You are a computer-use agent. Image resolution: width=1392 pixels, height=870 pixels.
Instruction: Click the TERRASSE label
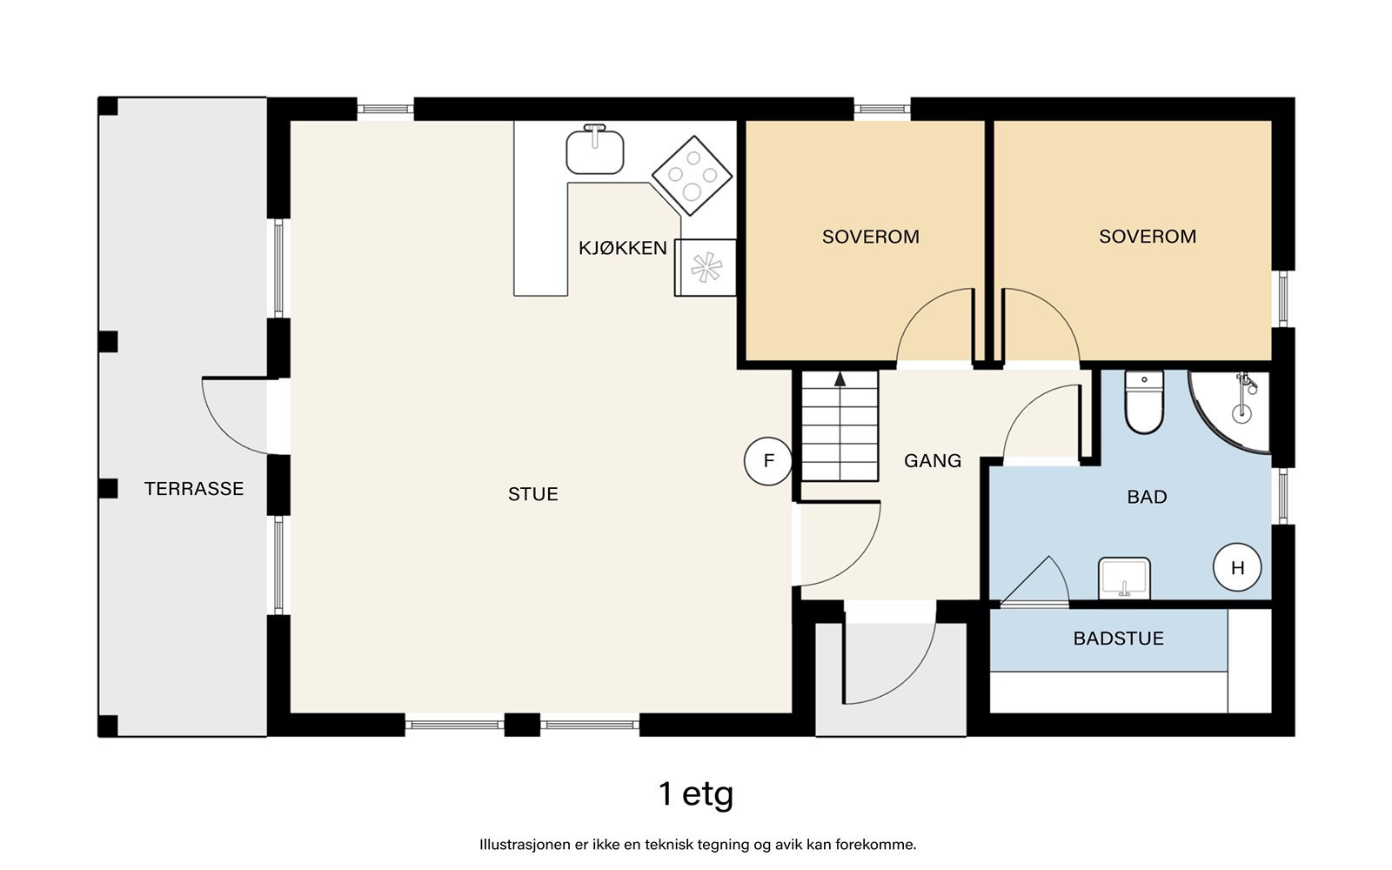click(194, 489)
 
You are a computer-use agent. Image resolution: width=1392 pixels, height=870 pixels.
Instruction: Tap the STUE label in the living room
click(533, 494)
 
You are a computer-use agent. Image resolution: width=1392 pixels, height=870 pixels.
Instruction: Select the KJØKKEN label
click(623, 248)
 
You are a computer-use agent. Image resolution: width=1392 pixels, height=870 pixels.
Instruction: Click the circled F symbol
click(768, 461)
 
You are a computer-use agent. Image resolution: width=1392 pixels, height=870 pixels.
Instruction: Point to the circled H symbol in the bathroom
click(1237, 567)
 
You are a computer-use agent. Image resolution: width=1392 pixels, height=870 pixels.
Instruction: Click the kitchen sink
click(595, 149)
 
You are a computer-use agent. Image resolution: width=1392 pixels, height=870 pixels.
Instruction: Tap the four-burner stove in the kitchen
click(692, 176)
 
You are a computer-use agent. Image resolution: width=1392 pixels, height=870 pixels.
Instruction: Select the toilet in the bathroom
click(1144, 402)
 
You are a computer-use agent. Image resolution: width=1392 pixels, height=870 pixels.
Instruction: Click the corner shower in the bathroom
click(1229, 412)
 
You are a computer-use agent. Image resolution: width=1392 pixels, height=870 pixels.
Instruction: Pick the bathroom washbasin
click(1124, 579)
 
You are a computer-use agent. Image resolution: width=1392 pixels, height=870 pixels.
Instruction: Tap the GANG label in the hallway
click(933, 460)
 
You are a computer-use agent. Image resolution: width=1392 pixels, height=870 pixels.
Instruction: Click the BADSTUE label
click(1119, 639)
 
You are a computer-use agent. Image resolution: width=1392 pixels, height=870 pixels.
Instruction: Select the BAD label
click(1148, 497)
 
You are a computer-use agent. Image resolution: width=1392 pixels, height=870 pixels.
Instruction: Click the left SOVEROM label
click(871, 237)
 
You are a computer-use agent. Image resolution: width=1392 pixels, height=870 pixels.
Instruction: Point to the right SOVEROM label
click(1148, 236)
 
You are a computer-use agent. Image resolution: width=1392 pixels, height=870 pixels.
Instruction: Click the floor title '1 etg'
click(696, 795)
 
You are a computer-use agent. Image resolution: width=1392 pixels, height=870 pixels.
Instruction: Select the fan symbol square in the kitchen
click(706, 267)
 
